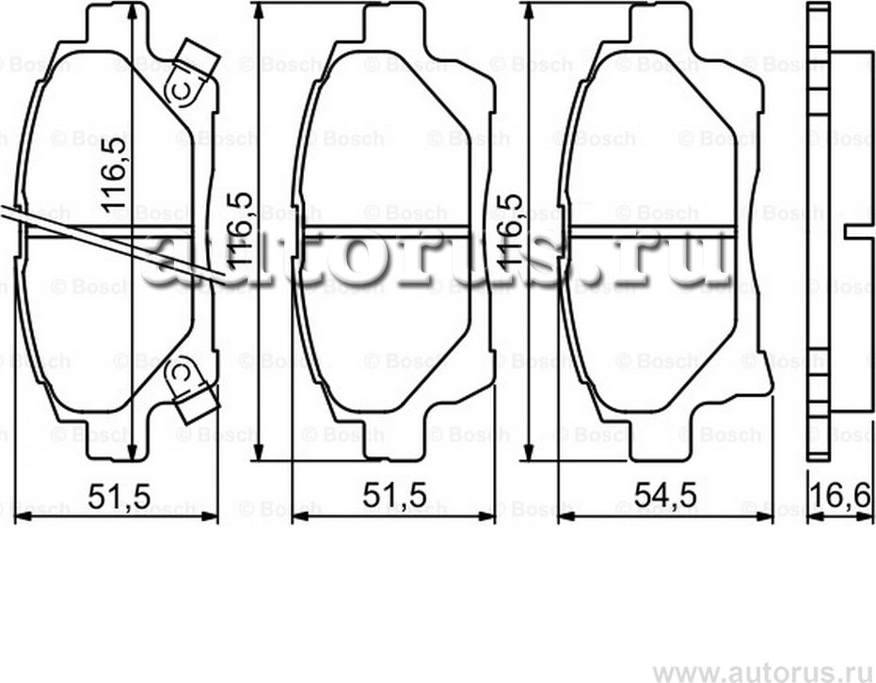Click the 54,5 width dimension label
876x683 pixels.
pyautogui.click(x=665, y=494)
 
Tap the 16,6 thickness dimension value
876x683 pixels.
pyautogui.click(x=841, y=494)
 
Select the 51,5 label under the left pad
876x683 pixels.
pyautogui.click(x=118, y=494)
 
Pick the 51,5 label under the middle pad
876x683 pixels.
pyautogui.click(x=392, y=494)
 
